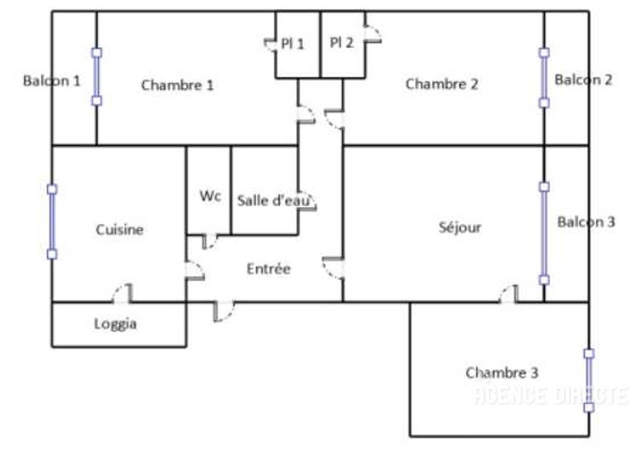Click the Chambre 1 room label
177,85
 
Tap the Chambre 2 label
441,84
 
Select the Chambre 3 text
501,373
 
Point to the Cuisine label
119,230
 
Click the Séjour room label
460,227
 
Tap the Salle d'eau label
268,201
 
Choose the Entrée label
268,269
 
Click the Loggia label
115,325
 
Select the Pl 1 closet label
293,43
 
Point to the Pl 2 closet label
342,42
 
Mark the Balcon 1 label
51,80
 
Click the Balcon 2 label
583,80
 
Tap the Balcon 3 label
586,222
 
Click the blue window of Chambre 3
588,380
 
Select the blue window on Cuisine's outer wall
52,222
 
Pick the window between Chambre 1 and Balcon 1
97,76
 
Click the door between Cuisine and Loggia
123,294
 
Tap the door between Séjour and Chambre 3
509,295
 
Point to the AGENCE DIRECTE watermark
551,395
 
